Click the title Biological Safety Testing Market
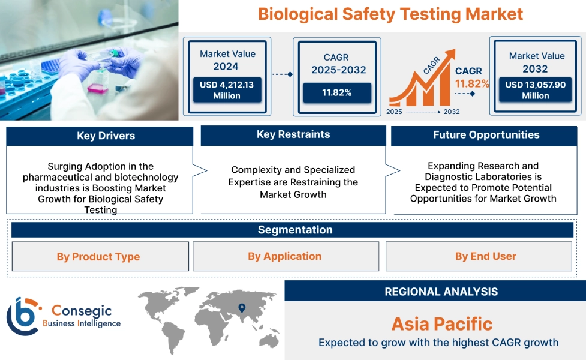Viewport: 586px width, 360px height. coord(390,14)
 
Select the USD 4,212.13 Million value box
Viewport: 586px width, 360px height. coord(226,90)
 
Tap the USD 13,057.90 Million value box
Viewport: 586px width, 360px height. coord(535,90)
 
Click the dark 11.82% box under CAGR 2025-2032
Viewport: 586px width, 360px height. coord(336,92)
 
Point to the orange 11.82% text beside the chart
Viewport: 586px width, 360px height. coord(472,83)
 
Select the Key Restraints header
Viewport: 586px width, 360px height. coord(293,134)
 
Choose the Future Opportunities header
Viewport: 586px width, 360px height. coord(486,135)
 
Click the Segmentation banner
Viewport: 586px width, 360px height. coord(294,230)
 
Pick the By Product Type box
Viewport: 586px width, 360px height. coord(98,257)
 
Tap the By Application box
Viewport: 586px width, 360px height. coord(284,256)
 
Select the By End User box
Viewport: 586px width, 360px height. coord(485,256)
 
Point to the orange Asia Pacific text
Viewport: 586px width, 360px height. coord(441,324)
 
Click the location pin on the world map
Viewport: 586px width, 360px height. coord(242,308)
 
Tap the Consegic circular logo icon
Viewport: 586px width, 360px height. coord(22,316)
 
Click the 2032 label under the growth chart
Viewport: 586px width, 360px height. coord(451,112)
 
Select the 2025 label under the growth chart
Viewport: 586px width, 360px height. coord(395,112)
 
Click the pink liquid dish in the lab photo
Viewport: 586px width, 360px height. coord(97,88)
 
